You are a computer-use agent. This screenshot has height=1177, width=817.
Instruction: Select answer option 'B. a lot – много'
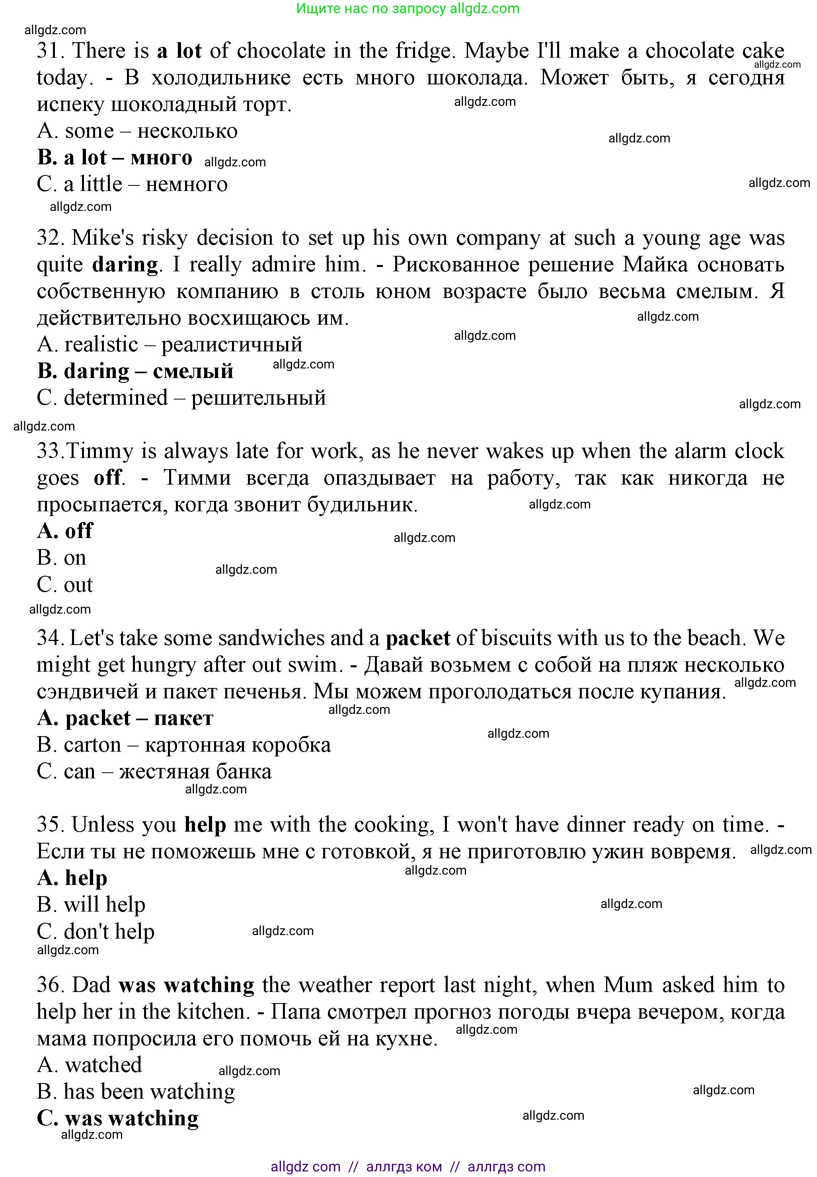click(115, 158)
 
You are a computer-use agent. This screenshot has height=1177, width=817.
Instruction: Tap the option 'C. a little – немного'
click(132, 184)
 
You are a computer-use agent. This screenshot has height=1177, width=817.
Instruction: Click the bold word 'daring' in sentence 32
click(125, 265)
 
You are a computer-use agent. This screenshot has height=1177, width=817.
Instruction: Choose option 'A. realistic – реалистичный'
click(170, 345)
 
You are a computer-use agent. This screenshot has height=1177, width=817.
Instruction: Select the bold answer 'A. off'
click(65, 531)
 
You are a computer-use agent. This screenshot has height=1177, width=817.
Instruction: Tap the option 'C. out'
click(65, 585)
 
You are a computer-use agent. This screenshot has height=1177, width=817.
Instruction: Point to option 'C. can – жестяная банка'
click(154, 772)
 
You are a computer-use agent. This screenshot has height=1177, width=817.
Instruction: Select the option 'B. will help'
click(91, 905)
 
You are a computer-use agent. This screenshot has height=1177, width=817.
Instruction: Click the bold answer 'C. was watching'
click(118, 1118)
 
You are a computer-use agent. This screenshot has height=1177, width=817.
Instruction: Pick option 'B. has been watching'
click(136, 1091)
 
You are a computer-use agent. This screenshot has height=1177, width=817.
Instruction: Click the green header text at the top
click(408, 9)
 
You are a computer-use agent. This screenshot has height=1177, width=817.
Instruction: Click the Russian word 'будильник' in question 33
click(361, 505)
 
